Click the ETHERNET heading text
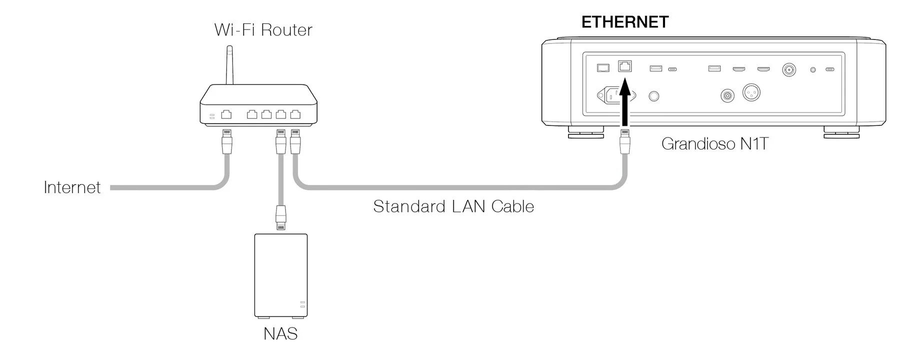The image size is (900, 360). [x=624, y=22]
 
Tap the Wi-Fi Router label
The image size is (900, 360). [x=263, y=30]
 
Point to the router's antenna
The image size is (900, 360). [x=229, y=65]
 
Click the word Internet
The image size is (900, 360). [x=72, y=187]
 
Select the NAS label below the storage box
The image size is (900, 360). [x=280, y=333]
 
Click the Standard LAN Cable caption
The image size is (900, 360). [x=453, y=206]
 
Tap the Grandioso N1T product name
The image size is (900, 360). [x=714, y=144]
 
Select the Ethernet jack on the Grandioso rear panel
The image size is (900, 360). [x=624, y=66]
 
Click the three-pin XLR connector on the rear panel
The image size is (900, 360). [x=751, y=92]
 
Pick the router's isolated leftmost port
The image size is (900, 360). [x=226, y=114]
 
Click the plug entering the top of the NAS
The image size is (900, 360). [x=280, y=217]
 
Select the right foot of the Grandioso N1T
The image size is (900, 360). [x=841, y=132]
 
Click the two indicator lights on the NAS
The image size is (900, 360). [x=302, y=304]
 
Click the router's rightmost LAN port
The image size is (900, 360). [x=295, y=114]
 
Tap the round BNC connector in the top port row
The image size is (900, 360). [x=789, y=69]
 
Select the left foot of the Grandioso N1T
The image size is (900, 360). [x=585, y=132]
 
